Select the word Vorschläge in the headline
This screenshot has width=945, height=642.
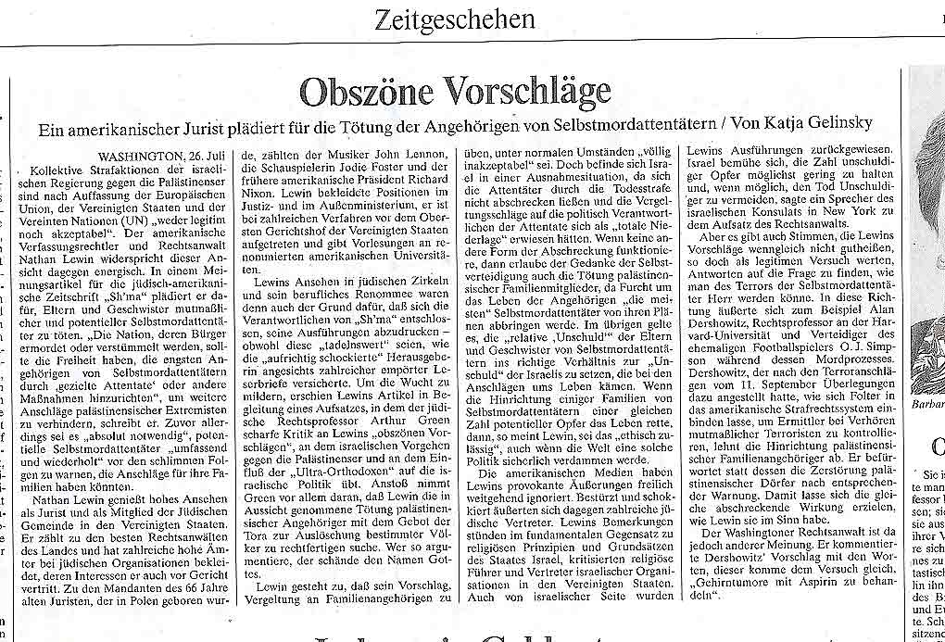(526, 92)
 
